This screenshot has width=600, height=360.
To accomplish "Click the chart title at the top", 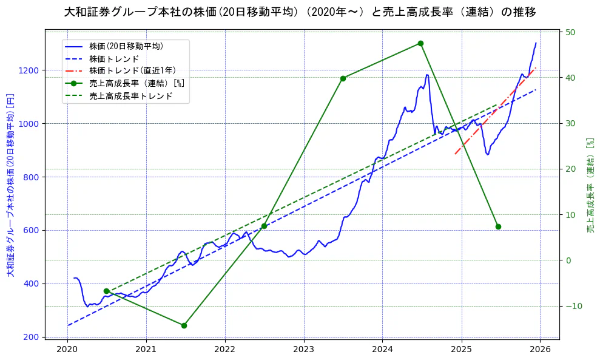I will [x=300, y=12].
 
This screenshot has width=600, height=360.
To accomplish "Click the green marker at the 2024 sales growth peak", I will [x=420, y=43].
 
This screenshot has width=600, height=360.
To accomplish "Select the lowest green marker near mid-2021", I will [x=184, y=325].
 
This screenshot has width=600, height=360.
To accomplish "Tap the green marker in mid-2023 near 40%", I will [x=343, y=78].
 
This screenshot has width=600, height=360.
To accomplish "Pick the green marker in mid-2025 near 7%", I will [x=498, y=226].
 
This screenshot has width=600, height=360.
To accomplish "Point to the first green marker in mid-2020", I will [x=106, y=291].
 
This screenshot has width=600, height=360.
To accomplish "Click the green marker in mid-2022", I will [x=264, y=226].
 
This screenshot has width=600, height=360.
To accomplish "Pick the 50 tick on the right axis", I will [x=571, y=32].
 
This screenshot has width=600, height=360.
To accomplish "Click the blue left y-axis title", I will [x=10, y=185].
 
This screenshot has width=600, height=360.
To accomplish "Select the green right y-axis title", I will [x=590, y=185].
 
